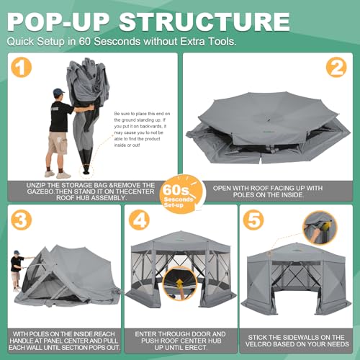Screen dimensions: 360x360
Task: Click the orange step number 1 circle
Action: pyautogui.click(x=24, y=69)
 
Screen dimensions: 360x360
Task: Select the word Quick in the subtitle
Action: pyautogui.click(x=23, y=42)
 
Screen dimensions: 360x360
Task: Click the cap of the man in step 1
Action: pyautogui.click(x=58, y=93)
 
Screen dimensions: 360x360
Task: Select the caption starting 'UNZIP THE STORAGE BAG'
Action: pyautogui.click(x=90, y=190)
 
